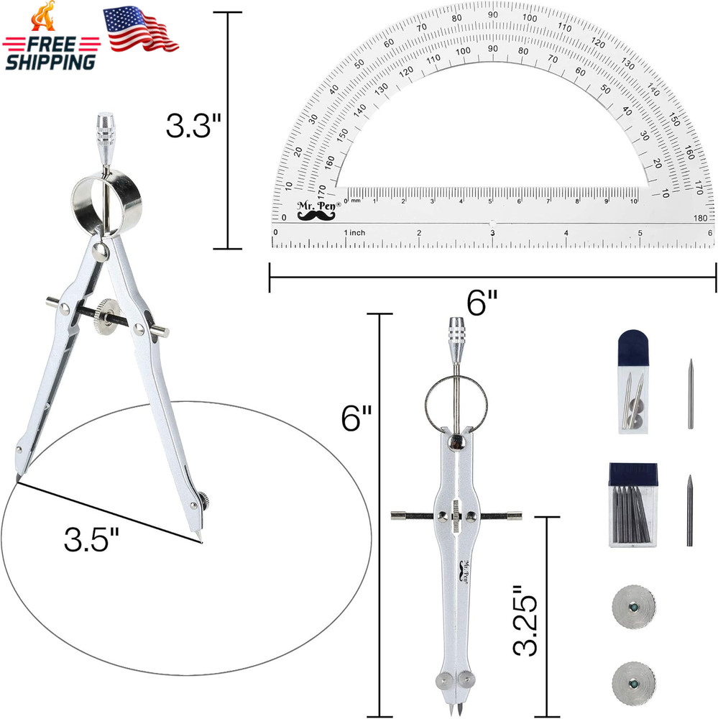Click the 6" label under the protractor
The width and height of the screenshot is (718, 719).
pyautogui.click(x=484, y=304)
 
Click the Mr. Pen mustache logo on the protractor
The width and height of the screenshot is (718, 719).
pyautogui.click(x=316, y=208)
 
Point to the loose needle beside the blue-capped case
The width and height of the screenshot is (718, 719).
pyautogui.click(x=690, y=393)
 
